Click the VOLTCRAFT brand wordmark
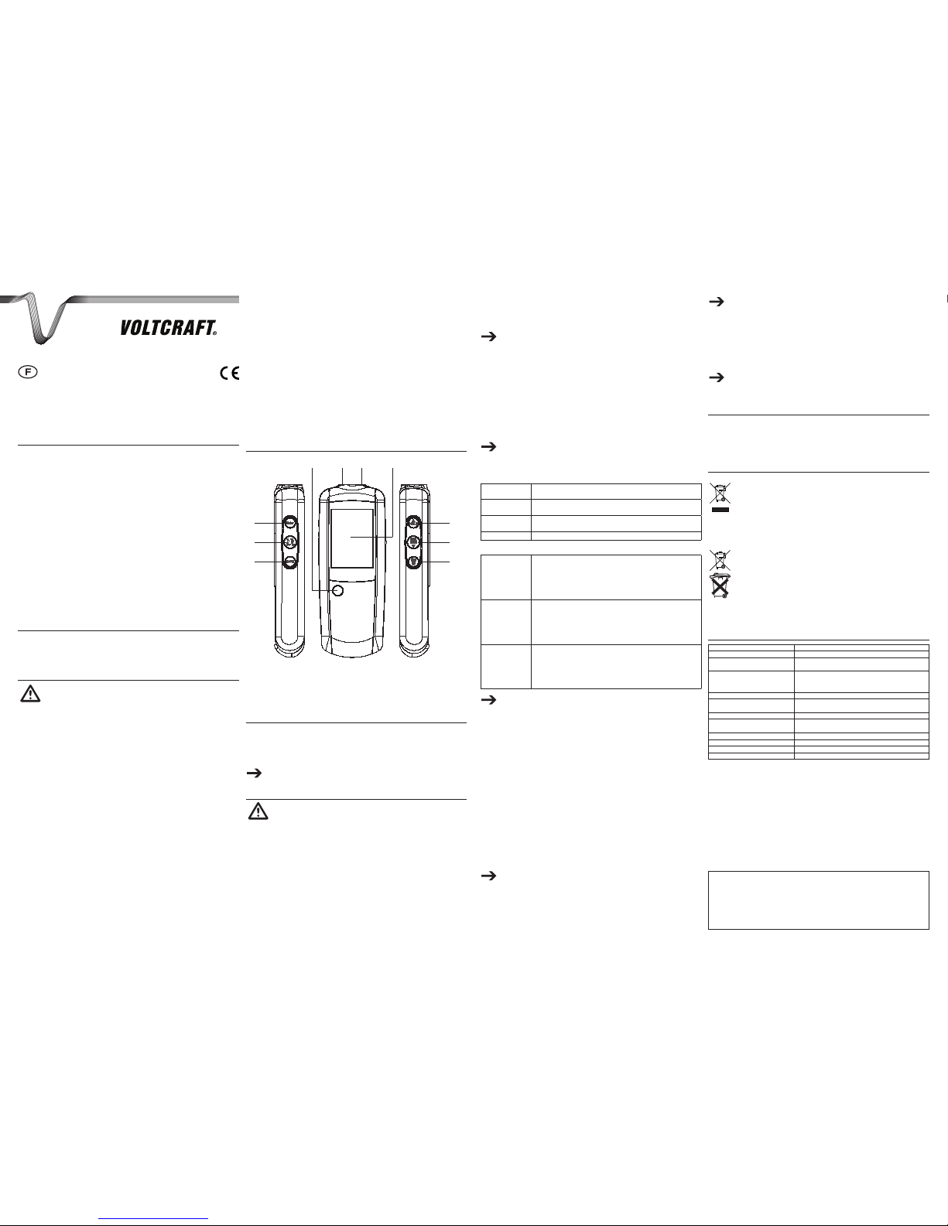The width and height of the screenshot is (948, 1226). click(168, 328)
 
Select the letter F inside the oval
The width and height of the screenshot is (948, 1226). click(28, 372)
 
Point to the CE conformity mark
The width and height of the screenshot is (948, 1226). click(230, 373)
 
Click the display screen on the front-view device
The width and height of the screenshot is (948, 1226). click(351, 538)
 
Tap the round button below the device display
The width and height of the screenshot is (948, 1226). click(337, 590)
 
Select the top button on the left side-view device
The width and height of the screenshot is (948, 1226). click(289, 523)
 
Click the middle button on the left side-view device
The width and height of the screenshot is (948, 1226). click(289, 542)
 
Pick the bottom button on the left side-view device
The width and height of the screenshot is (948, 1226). click(289, 562)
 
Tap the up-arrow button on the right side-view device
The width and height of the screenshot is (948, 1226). click(413, 523)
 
